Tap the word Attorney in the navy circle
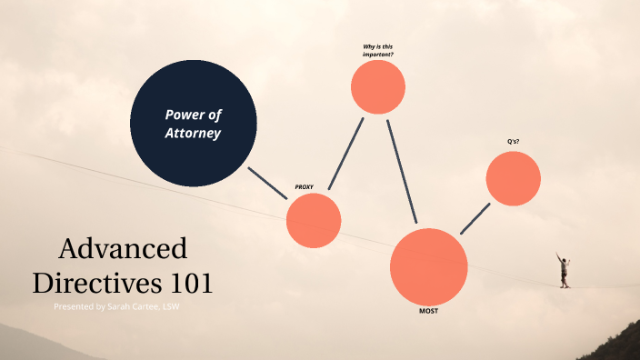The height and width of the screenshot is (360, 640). click(x=193, y=133)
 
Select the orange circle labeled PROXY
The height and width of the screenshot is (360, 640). click(x=314, y=221)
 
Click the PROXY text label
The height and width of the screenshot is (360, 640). click(x=304, y=186)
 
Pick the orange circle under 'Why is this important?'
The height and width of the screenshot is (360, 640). click(x=378, y=86)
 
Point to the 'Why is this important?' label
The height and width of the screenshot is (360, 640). click(x=378, y=50)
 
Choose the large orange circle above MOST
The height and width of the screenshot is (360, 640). click(x=429, y=266)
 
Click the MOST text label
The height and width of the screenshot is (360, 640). click(x=429, y=311)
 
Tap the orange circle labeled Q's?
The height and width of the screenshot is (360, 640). click(x=513, y=178)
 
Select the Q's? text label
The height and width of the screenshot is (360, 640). click(x=514, y=142)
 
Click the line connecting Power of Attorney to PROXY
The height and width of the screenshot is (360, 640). click(x=267, y=183)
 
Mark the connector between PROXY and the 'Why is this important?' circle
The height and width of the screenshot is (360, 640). click(x=346, y=154)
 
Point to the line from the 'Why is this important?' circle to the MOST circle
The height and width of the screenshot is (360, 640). click(x=402, y=171)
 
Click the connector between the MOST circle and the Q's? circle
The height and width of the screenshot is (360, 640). click(x=475, y=218)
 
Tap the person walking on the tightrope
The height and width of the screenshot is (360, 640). click(x=564, y=270)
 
